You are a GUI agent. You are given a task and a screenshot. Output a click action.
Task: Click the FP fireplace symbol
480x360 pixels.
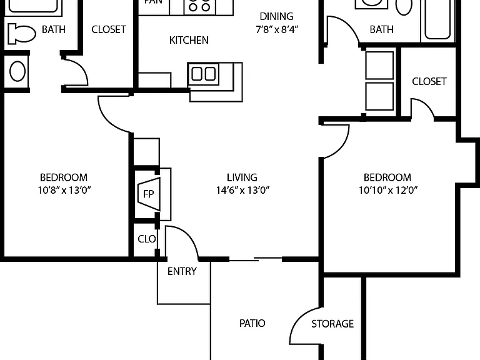[x=149, y=194]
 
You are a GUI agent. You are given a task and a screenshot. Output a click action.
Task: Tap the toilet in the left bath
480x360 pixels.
[x=21, y=33]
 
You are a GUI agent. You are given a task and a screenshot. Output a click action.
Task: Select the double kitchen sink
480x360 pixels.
[x=203, y=74]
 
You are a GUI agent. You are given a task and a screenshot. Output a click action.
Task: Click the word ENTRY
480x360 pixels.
[x=182, y=271]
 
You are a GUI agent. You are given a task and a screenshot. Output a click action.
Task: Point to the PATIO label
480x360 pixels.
[x=252, y=323]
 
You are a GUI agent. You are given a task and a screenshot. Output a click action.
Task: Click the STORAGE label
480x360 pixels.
[x=332, y=324]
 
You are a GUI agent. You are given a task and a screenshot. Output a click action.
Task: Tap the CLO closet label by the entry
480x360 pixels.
[x=147, y=239]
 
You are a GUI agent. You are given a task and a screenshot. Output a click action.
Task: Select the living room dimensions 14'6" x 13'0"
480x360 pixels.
[x=242, y=191]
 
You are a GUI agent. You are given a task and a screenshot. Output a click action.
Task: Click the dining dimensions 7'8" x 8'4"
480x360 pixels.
[x=277, y=29]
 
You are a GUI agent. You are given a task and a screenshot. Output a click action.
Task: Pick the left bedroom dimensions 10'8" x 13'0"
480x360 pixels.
[x=64, y=190]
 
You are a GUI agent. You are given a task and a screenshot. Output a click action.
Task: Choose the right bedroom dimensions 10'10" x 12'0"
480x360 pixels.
[x=388, y=191]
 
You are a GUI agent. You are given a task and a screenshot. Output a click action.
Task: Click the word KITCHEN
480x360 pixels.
[x=189, y=40]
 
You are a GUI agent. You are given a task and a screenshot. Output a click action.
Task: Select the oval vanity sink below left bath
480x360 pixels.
[x=17, y=71]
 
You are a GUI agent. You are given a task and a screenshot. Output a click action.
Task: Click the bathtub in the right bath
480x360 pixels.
[x=437, y=19]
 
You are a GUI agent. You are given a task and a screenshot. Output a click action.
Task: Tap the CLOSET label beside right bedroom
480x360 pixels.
[x=429, y=81]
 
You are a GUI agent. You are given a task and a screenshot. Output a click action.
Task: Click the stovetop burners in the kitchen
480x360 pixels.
[x=199, y=6]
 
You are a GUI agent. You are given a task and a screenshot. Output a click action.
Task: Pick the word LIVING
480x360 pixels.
[x=242, y=177]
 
